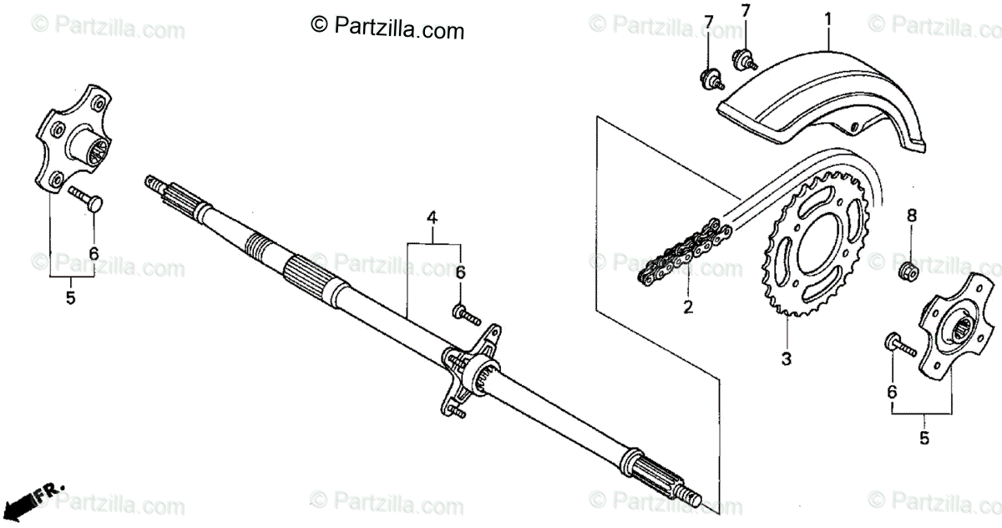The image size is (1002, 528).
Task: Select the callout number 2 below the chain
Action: pos(687,307)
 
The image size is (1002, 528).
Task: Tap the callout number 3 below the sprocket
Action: pos(786,360)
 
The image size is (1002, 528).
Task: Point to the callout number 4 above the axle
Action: pos(433,218)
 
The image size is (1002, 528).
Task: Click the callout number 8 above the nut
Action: pos(912,216)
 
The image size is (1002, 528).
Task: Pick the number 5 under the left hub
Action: pos(70,297)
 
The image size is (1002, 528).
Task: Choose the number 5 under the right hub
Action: pos(924,437)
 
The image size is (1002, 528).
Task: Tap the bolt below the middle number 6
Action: pos(465,313)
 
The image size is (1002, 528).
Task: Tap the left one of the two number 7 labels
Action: pos(708,20)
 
